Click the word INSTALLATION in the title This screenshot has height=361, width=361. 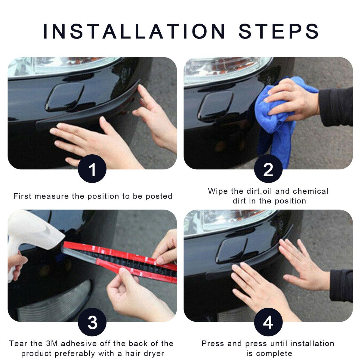click(x=134, y=31)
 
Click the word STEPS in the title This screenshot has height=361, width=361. click(x=279, y=31)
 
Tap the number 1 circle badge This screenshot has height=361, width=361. click(x=92, y=168)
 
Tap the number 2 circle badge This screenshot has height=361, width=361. click(x=268, y=168)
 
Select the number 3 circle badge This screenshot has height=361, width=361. click(x=92, y=322)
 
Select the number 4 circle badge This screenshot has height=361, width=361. click(x=268, y=322)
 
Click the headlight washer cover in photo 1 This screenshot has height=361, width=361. click(x=64, y=97)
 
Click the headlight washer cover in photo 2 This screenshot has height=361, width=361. click(x=215, y=106)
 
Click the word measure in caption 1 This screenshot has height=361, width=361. click(x=52, y=196)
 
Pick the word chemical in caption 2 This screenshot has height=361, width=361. click(x=310, y=191)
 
